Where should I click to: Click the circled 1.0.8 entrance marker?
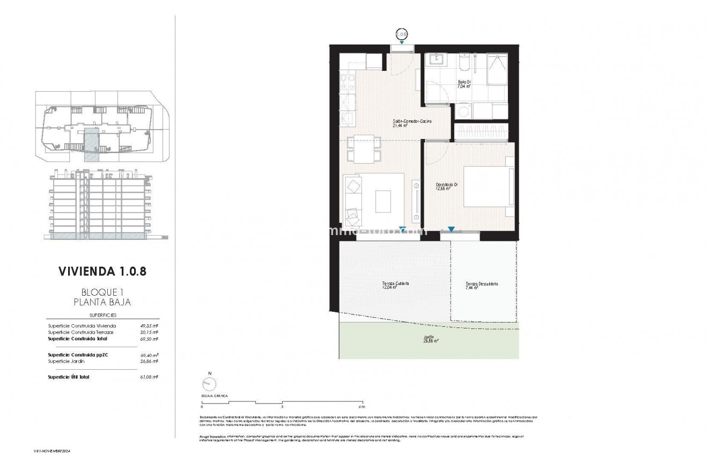[402, 34]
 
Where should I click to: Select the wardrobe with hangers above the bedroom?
[481, 132]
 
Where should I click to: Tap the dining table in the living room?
[364, 149]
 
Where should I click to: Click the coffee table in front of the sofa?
[383, 201]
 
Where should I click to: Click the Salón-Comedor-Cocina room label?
[412, 122]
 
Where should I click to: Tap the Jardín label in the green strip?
[428, 338]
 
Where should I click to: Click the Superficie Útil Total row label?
[68, 377]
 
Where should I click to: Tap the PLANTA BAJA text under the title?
[102, 302]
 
